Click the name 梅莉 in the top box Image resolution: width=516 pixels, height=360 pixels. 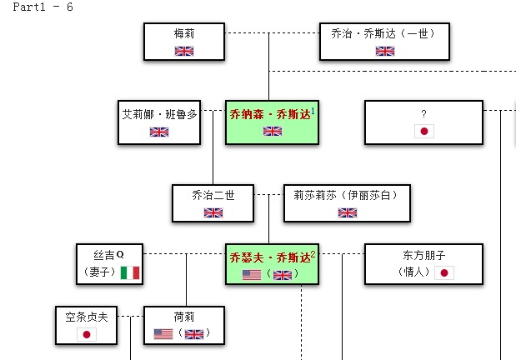click(x=184, y=33)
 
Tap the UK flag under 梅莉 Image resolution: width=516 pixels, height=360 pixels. click(x=184, y=51)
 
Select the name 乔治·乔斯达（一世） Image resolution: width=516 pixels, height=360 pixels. click(x=384, y=33)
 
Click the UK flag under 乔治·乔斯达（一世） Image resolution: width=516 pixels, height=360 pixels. click(x=384, y=51)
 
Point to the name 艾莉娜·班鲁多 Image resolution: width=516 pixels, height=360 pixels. click(x=159, y=114)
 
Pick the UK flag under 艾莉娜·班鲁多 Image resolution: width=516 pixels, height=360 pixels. click(x=159, y=132)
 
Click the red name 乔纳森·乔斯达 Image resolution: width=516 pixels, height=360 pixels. click(x=268, y=115)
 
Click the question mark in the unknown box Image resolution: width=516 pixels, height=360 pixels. click(x=424, y=114)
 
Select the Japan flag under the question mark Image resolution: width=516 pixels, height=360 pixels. click(x=424, y=132)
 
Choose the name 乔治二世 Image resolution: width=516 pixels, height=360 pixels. click(x=213, y=195)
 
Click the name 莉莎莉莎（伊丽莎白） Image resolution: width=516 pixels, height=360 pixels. click(x=347, y=195)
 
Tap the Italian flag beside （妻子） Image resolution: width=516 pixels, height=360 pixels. click(x=129, y=272)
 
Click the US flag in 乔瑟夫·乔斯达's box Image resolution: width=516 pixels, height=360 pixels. click(x=252, y=274)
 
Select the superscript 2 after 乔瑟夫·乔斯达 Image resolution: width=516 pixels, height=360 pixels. click(x=313, y=252)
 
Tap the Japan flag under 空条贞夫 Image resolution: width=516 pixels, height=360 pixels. click(x=86, y=334)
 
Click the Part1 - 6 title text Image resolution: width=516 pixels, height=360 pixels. click(x=37, y=7)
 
